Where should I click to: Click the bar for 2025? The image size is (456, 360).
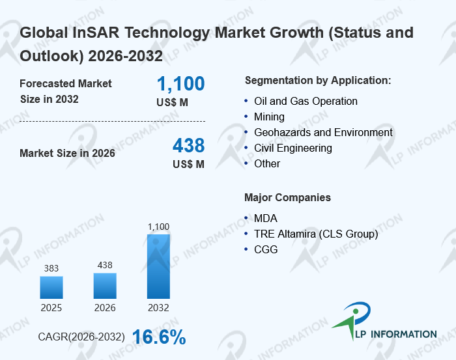[51, 287]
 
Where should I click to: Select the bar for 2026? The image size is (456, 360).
[105, 285]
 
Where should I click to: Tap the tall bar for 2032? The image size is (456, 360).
[158, 266]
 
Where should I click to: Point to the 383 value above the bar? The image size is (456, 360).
[51, 268]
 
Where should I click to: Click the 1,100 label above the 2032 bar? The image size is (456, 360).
[158, 227]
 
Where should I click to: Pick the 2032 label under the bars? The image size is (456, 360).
[158, 307]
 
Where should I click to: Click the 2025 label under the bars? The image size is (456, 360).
[51, 307]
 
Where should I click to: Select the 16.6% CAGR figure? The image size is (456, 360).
[159, 337]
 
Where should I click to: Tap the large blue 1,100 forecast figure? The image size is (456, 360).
[180, 83]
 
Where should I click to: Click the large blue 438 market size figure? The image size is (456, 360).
[188, 145]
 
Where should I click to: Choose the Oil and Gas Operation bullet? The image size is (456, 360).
[306, 102]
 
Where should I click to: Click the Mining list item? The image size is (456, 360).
[269, 117]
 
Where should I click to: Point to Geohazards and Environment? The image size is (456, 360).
[323, 133]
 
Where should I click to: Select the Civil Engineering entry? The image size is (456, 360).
[292, 148]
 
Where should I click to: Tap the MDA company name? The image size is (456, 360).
[265, 219]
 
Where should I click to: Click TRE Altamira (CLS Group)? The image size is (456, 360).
[316, 234]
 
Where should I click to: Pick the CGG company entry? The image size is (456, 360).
[265, 249]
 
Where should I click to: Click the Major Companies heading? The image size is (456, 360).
[287, 197]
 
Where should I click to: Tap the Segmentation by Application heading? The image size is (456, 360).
[317, 81]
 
